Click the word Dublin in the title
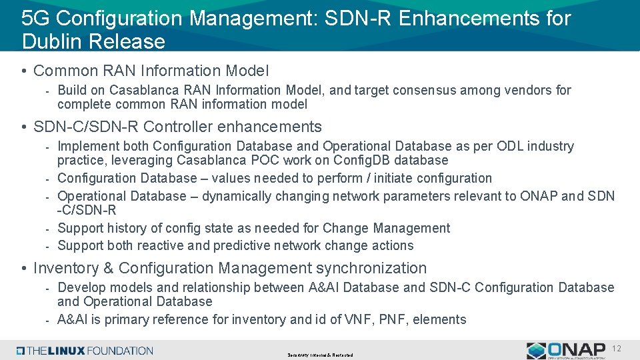pyautogui.click(x=50, y=41)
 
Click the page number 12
pyautogui.click(x=617, y=349)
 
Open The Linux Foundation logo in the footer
pyautogui.click(x=85, y=351)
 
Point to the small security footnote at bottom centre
pyautogui.click(x=321, y=355)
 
